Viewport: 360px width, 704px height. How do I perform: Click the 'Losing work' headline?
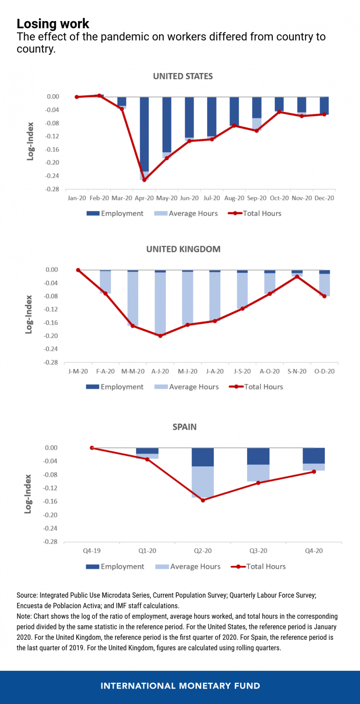coord(53,23)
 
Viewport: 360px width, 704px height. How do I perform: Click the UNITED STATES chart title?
coord(183,76)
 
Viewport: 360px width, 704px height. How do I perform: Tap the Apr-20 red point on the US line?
coord(144,180)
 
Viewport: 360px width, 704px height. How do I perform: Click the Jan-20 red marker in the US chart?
coord(77,97)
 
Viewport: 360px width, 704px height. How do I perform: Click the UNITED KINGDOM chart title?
coord(183,249)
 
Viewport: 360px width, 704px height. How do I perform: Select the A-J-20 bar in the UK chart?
coord(160,302)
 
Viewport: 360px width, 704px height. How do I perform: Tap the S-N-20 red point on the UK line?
coord(297,277)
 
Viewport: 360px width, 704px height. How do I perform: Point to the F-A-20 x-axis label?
coord(105,371)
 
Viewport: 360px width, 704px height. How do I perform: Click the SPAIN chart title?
coord(184,427)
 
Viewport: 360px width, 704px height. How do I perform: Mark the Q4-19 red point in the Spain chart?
coord(92,448)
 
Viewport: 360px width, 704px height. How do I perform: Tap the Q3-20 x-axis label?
coord(258,551)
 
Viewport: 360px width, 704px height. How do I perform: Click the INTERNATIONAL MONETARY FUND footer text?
coord(180,686)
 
